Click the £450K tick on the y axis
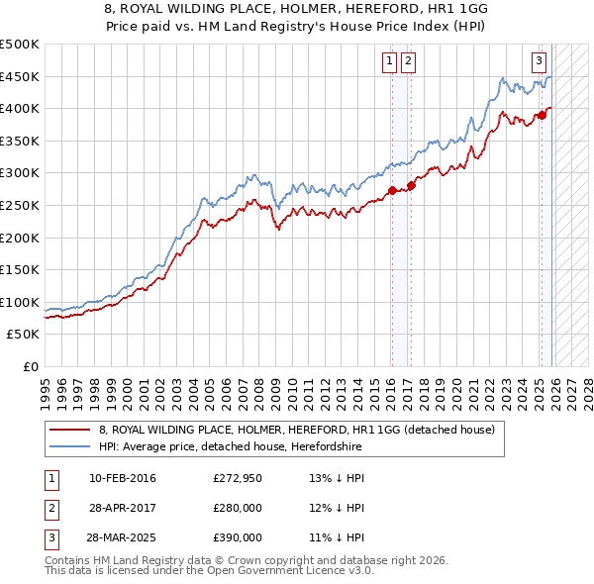[20, 76]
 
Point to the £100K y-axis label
[20, 302]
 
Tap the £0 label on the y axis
[29, 366]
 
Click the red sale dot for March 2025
[543, 115]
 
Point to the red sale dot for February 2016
[392, 190]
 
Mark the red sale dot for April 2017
[412, 185]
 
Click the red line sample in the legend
[70, 430]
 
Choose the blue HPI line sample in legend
[70, 446]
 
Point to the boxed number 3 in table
[49, 538]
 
